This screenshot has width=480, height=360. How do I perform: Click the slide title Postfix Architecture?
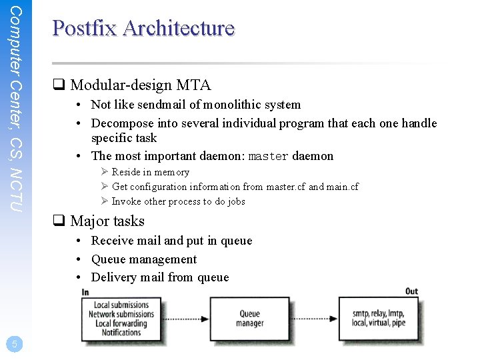click(143, 28)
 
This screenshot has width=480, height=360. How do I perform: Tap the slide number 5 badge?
click(14, 344)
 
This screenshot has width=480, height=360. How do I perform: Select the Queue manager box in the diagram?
click(249, 319)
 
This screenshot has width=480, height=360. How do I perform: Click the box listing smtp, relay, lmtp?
click(378, 319)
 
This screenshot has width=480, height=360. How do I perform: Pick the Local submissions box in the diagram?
click(121, 319)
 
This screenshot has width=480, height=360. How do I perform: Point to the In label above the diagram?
click(85, 292)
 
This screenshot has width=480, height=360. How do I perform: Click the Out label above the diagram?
click(411, 291)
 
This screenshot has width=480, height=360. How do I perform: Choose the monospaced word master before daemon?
click(268, 157)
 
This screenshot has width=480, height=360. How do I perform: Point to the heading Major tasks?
click(107, 221)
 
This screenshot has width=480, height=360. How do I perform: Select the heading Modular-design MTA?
click(140, 85)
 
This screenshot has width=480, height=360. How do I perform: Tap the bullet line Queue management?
click(143, 259)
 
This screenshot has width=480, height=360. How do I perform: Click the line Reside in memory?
click(150, 172)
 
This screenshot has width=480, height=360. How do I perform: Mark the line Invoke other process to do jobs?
click(178, 201)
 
